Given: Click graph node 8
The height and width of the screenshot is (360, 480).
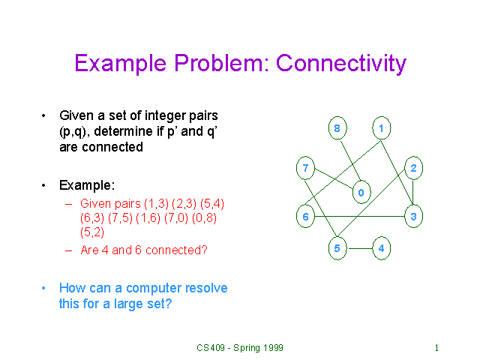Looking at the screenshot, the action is point(337,128).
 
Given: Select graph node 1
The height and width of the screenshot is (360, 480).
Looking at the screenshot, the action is point(382,128).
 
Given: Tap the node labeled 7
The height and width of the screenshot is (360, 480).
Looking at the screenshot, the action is point(305,168).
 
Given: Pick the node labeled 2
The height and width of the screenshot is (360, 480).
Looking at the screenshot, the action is point(413,168).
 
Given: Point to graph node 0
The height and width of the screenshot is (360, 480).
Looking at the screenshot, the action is point(361,192).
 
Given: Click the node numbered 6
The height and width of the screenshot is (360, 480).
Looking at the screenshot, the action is point(305,217).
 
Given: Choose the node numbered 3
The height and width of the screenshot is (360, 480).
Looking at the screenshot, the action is point(413,217).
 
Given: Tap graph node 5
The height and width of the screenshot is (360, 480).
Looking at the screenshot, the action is point(337,248).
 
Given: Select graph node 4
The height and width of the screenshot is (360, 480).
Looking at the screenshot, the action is point(382,248).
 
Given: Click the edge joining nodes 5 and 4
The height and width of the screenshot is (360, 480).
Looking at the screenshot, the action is point(361,248).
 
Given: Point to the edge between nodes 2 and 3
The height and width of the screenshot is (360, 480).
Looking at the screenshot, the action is point(413,193).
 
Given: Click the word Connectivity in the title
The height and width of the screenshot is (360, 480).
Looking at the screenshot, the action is point(341,63).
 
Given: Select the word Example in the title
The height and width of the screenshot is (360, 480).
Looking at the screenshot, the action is point(121,64).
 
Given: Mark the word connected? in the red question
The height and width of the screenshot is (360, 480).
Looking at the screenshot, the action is point(176,250).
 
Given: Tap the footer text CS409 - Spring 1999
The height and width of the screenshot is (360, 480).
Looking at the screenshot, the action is point(240,348).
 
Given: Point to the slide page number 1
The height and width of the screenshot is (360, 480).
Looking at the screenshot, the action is point(436,348).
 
